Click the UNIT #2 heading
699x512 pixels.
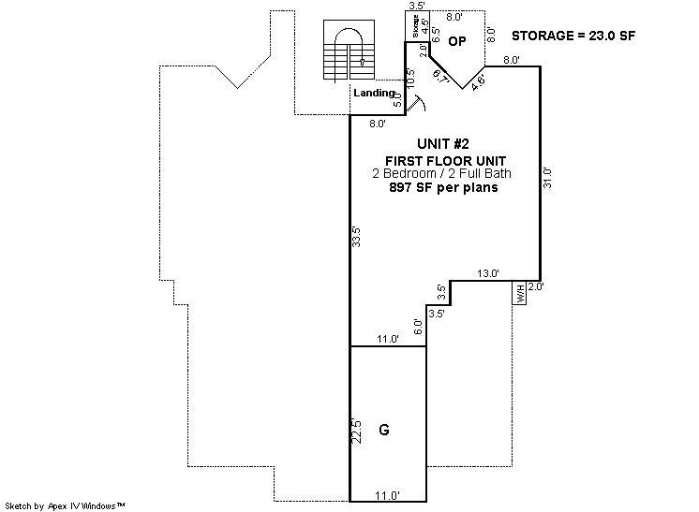(443, 144)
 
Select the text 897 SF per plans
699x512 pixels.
(443, 187)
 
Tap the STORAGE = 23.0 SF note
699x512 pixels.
(573, 36)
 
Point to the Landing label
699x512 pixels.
(374, 93)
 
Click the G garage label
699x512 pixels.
(384, 430)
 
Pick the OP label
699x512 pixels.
(457, 41)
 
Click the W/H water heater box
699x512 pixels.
(519, 293)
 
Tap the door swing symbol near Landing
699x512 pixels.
(416, 104)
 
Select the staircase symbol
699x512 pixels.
(349, 50)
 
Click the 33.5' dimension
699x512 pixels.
(356, 237)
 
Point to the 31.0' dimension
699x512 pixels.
(548, 178)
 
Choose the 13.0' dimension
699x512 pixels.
(488, 273)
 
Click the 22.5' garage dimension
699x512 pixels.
(356, 431)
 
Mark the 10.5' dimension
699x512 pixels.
(410, 78)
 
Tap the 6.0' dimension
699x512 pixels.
(418, 328)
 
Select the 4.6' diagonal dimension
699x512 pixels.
(478, 83)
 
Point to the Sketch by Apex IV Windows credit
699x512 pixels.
(65, 506)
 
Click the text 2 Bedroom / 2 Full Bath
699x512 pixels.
(441, 174)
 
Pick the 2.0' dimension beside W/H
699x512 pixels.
(535, 287)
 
